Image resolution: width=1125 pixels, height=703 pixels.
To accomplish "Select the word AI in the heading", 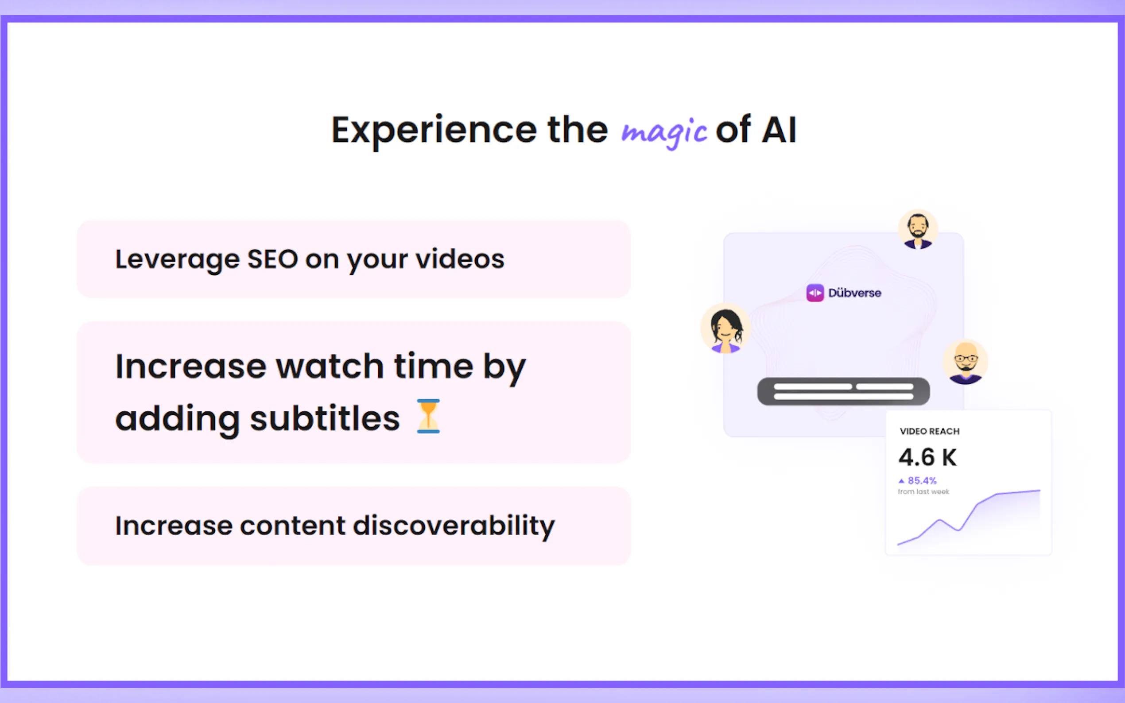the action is coord(779,130).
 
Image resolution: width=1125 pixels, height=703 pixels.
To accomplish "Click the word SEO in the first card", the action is coord(272,259).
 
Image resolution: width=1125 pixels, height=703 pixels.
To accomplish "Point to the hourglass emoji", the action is coord(428,416).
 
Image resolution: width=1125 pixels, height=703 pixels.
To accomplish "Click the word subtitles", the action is coord(325,418).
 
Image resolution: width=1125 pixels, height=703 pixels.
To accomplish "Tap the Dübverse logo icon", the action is coord(815,293).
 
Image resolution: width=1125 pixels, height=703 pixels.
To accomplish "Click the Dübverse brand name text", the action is coord(854,293).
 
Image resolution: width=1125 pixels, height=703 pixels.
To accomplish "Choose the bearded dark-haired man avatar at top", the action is coord(918,230).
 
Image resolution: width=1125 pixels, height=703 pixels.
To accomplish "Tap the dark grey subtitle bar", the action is coord(843,391).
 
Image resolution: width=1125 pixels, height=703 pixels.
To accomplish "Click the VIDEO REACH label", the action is coord(930,432).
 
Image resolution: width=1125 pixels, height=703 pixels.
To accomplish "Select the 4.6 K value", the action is coord(927,457).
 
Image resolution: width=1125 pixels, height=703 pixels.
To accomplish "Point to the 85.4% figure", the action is coord(922,481).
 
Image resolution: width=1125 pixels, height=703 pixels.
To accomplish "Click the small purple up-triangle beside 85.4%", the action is coord(901,481).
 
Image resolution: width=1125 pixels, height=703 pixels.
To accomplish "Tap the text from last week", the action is coord(923,492).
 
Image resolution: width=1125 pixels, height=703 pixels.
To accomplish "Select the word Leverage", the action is coord(177,260).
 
